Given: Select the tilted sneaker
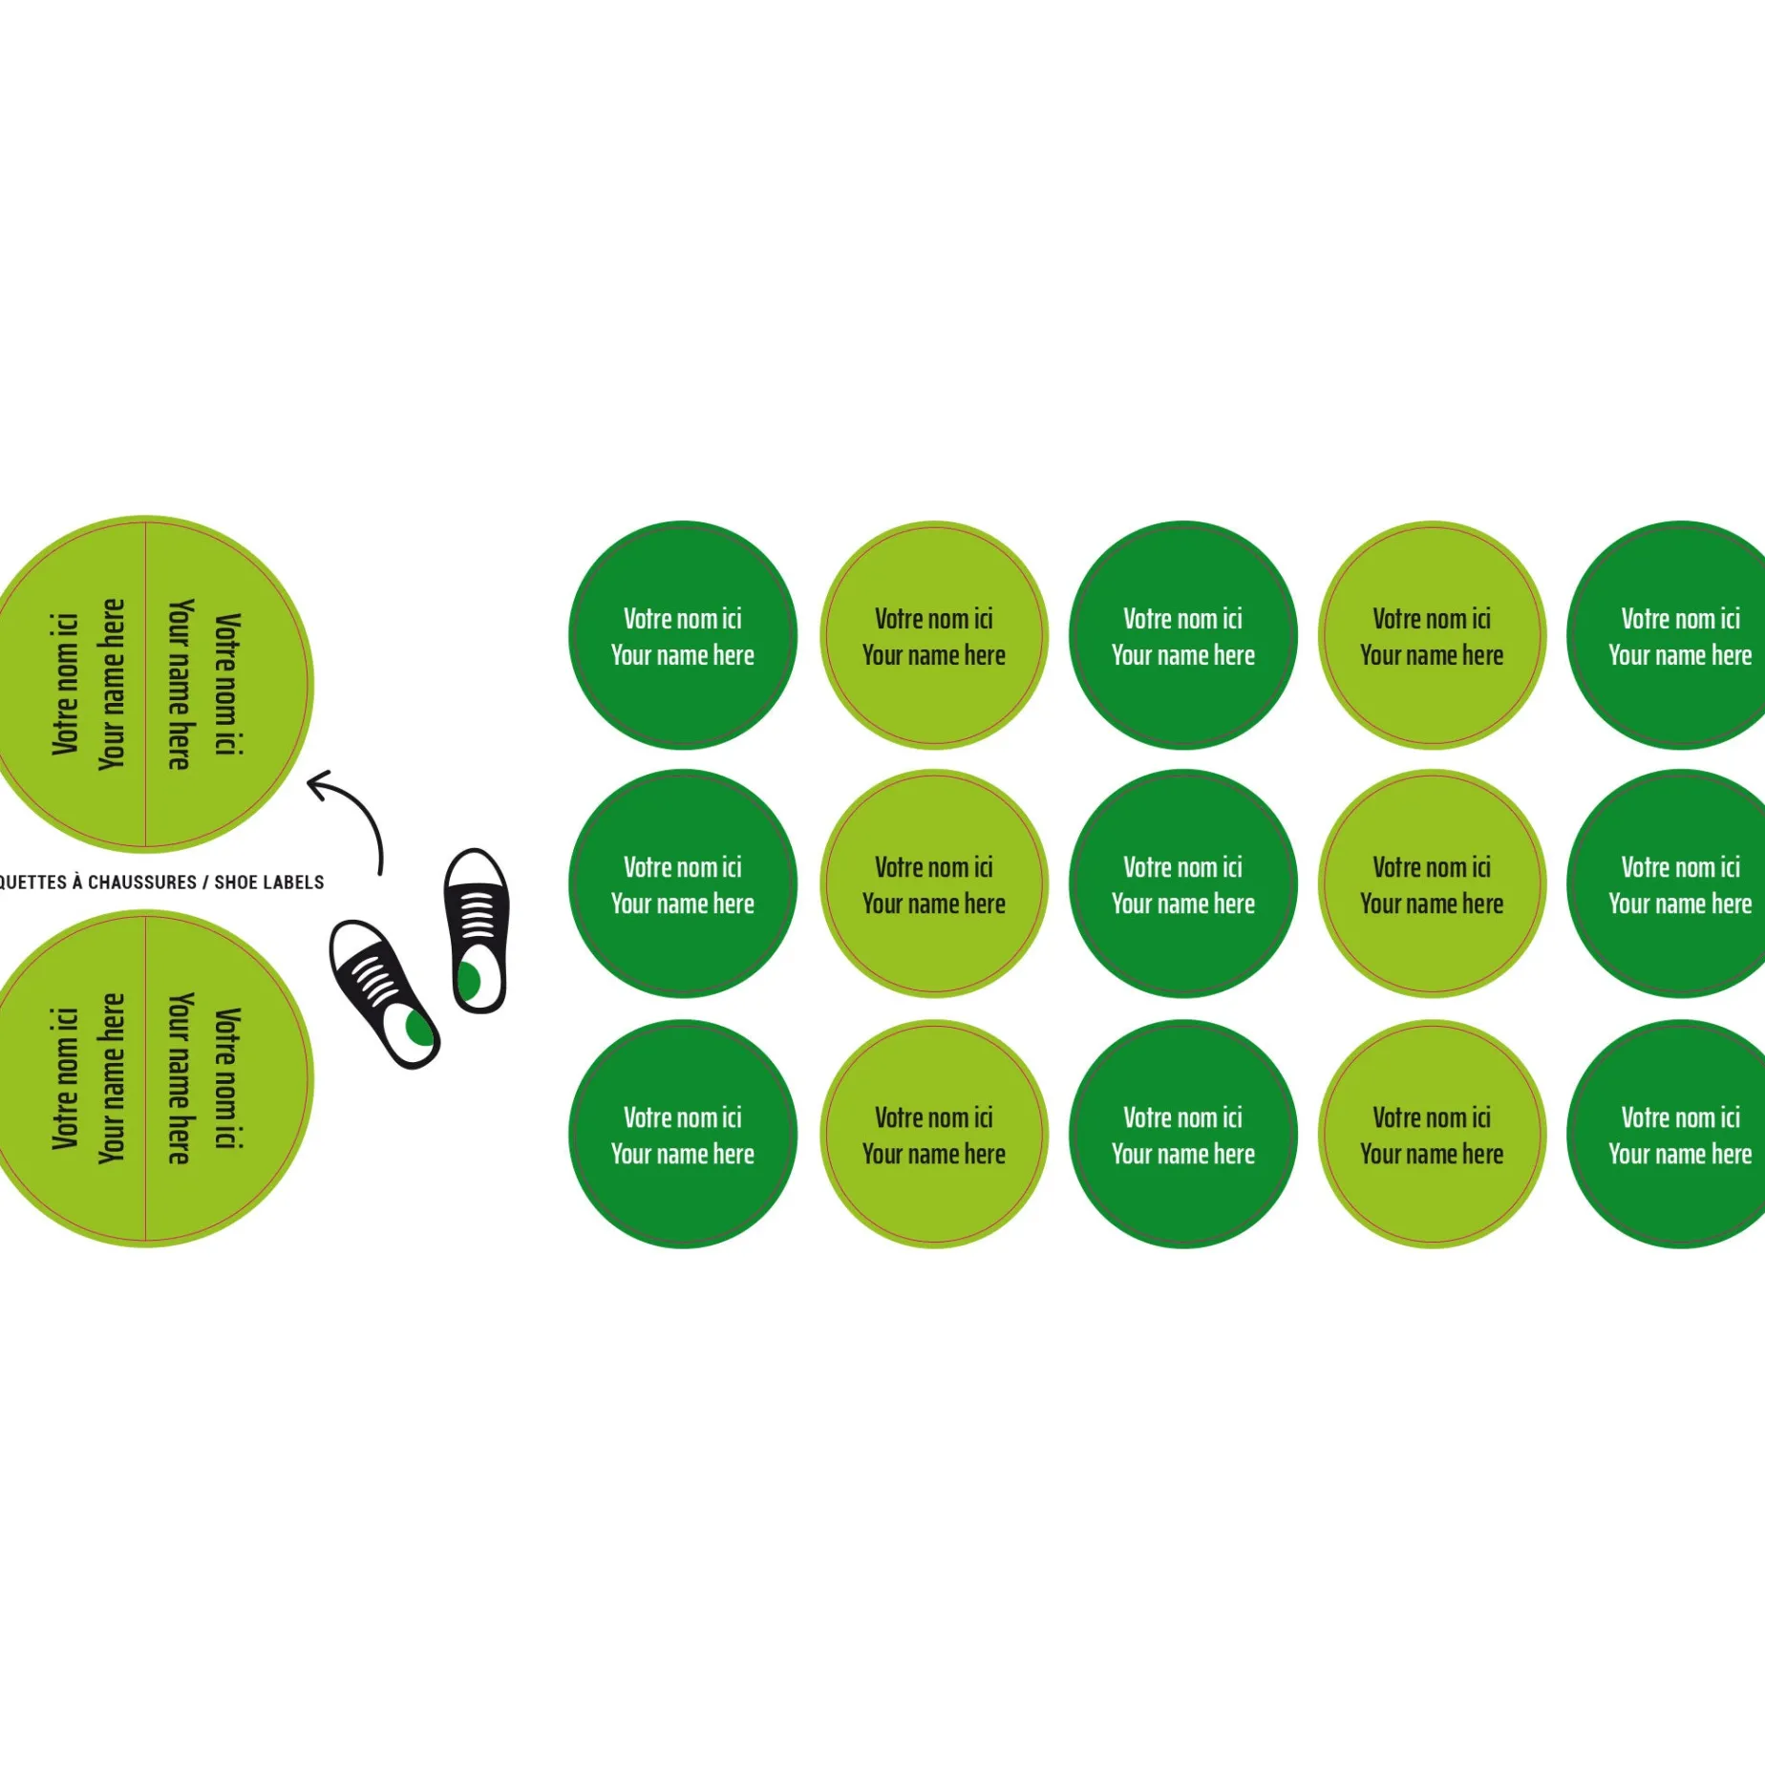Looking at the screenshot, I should [383, 993].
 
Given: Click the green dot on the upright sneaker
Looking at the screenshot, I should [469, 981].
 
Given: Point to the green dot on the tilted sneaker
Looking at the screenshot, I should [418, 1028].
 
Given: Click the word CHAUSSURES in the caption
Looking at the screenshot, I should [142, 882].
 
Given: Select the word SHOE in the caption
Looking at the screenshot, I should [235, 882].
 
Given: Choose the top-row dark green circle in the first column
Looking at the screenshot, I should [683, 636].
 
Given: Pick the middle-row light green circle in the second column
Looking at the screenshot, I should [934, 884].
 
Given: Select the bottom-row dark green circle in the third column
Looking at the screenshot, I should [1183, 1135].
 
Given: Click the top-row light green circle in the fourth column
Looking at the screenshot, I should [1432, 636].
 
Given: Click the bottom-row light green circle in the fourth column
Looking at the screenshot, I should [1432, 1135].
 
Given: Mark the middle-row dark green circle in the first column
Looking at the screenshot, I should [683, 884].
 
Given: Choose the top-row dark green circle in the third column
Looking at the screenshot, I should [1183, 636].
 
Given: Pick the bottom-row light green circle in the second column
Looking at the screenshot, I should [934, 1135].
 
